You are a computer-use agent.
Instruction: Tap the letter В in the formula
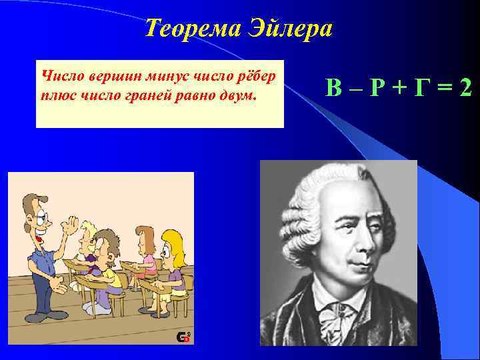tap(334, 87)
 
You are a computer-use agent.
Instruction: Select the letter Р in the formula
tap(378, 87)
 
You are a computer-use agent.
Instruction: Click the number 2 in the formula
tap(465, 87)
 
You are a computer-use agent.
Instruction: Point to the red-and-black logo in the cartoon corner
tap(183, 337)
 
